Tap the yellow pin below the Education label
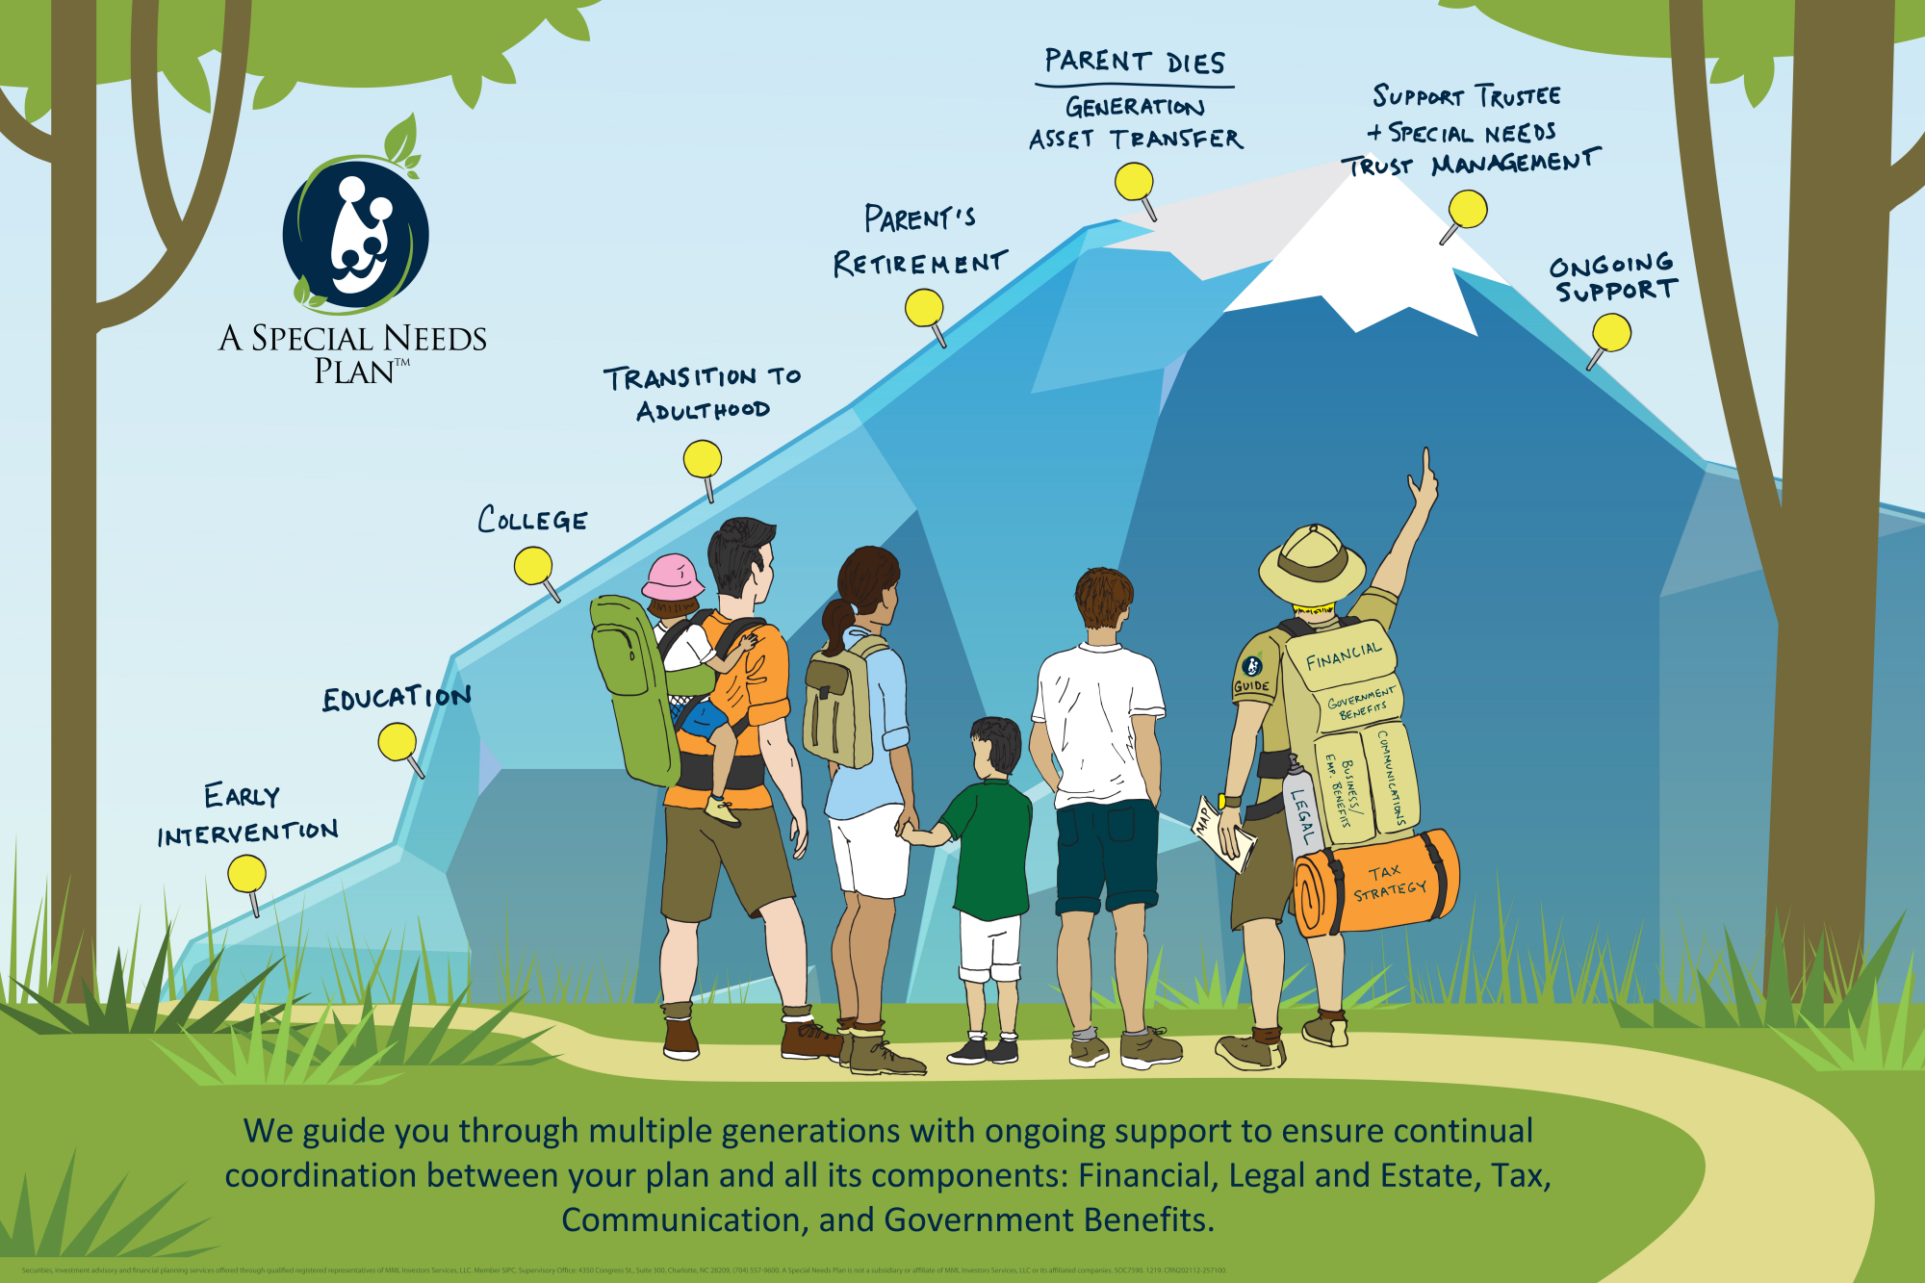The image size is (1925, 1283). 397,742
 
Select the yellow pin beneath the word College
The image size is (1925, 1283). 533,566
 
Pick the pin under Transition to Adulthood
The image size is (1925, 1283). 703,459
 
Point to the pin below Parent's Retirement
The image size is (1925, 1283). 924,308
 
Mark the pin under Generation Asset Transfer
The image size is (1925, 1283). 1134,181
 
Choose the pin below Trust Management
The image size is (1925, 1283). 1468,209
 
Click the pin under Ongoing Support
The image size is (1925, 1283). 1611,334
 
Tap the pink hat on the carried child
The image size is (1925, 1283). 671,577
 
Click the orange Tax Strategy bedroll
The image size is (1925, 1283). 1376,883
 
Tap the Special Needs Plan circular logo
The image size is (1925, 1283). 355,235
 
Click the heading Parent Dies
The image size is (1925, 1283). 1135,63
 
